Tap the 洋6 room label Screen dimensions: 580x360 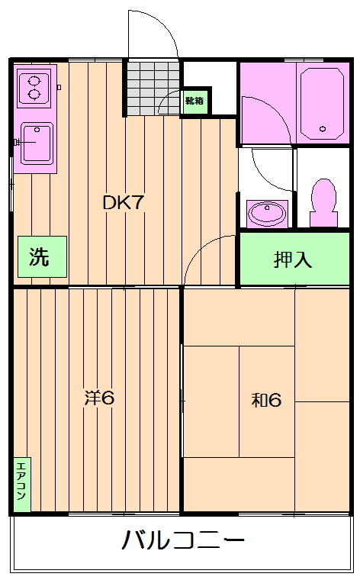click(98, 398)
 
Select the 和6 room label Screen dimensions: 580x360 click(266, 399)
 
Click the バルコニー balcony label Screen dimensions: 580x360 click(183, 541)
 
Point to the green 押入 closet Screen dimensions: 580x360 click(294, 259)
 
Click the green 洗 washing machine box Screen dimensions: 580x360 click(41, 257)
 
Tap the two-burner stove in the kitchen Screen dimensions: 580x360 click(34, 85)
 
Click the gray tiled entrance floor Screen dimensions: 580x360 click(153, 88)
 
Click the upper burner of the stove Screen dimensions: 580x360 click(34, 78)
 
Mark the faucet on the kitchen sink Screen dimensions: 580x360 click(18, 142)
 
